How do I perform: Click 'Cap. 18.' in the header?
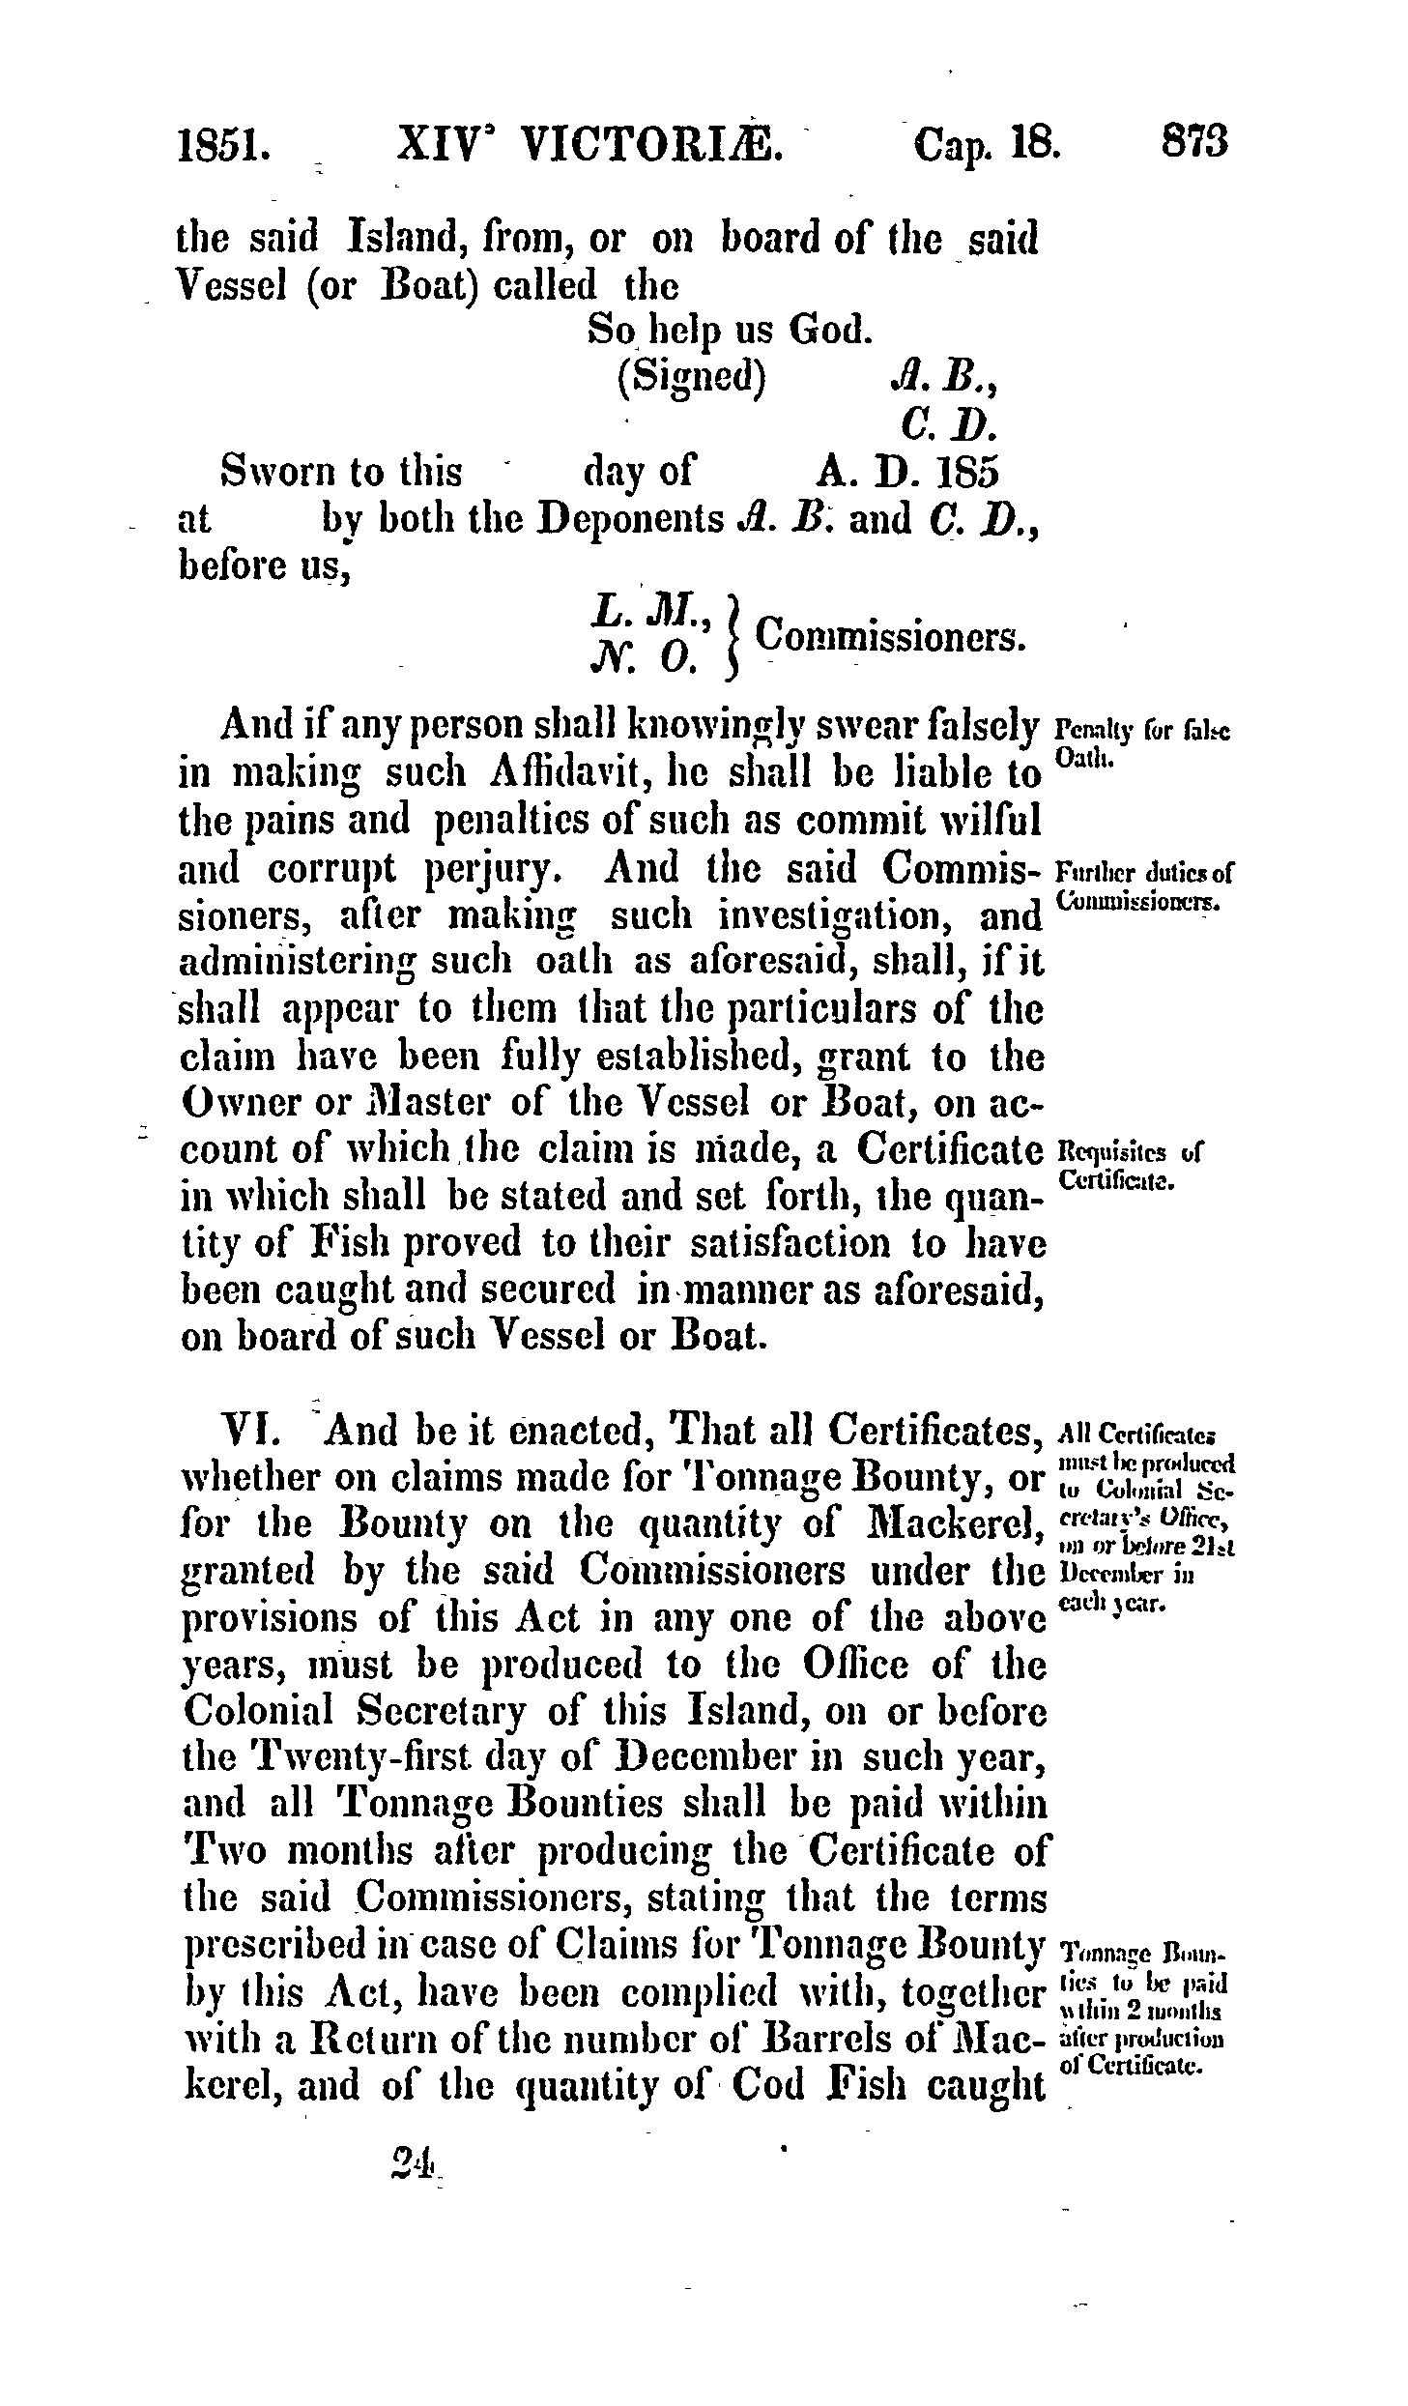pyautogui.click(x=986, y=144)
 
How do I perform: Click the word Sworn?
pyautogui.click(x=273, y=471)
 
